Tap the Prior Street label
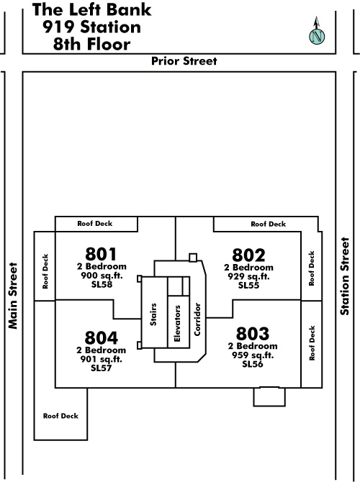pos(184,61)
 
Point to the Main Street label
pos(13,296)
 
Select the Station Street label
pos(345,276)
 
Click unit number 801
pos(101,254)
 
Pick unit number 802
pos(248,255)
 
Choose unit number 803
pos(253,334)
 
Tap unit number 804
pos(102,337)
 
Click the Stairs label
pos(153,314)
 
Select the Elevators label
pos(177,324)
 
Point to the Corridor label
pos(197,319)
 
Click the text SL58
pos(102,284)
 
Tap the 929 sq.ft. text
pos(248,276)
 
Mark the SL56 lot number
pos(252,364)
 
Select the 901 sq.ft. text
pos(102,359)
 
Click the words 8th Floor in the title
pos(91,44)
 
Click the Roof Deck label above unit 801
pos(95,224)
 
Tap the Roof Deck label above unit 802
pos(269,224)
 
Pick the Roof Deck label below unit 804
pos(60,416)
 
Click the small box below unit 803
pos(269,396)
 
